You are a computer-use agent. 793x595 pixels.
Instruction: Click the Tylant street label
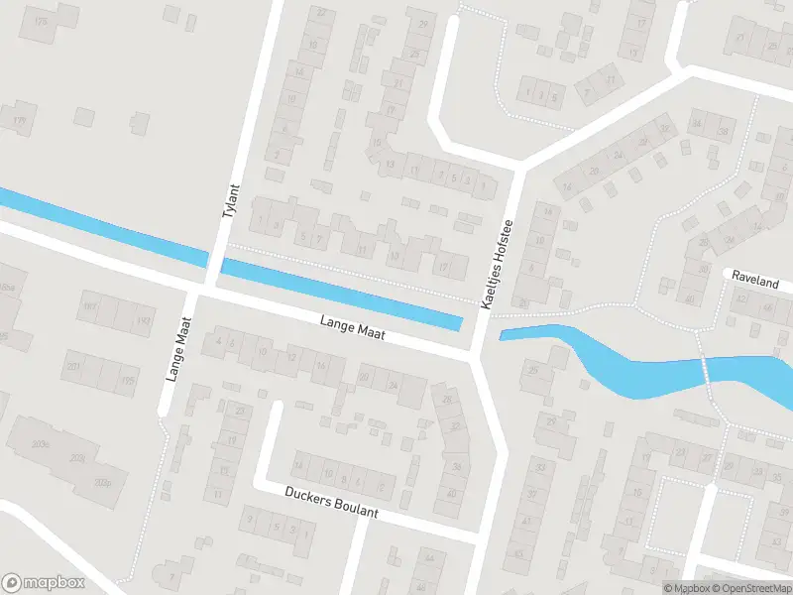[232, 203]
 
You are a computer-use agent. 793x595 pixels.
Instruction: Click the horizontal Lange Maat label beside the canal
[352, 329]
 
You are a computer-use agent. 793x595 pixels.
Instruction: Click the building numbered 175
[40, 21]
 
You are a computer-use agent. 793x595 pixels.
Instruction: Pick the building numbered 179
[20, 121]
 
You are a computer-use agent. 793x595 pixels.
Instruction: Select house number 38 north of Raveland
[725, 131]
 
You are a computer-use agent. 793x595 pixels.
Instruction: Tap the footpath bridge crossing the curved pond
[706, 368]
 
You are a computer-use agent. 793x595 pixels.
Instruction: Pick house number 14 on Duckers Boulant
[297, 464]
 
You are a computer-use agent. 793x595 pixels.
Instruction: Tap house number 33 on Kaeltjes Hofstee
[540, 466]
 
